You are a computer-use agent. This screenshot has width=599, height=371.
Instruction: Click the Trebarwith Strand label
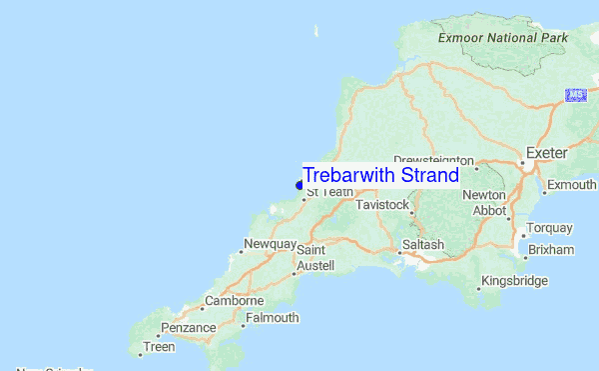pyautogui.click(x=380, y=175)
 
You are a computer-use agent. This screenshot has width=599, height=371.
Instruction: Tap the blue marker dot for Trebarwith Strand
pyautogui.click(x=299, y=185)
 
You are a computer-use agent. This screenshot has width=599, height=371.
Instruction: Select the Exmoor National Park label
pyautogui.click(x=502, y=38)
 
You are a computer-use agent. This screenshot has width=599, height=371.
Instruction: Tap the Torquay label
pyautogui.click(x=550, y=228)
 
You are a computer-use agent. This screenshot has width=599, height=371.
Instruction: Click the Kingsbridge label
pyautogui.click(x=515, y=281)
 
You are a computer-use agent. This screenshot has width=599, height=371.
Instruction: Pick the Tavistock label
pyautogui.click(x=383, y=205)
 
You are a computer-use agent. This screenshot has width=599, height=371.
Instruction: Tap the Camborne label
pyautogui.click(x=234, y=300)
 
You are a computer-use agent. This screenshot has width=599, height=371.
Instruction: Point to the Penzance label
pyautogui.click(x=189, y=327)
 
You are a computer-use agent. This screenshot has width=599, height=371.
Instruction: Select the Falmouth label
pyautogui.click(x=272, y=318)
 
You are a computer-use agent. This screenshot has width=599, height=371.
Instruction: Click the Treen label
pyautogui.click(x=159, y=347)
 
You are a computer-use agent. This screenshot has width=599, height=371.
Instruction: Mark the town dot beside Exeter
pyautogui.click(x=521, y=162)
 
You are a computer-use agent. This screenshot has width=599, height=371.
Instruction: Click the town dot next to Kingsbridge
pyautogui.click(x=478, y=288)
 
